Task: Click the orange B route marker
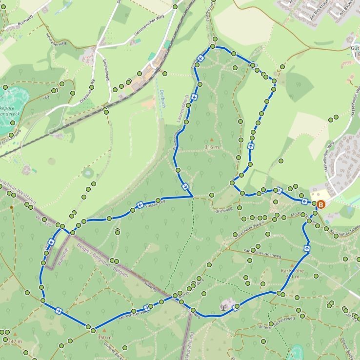coord(321,205)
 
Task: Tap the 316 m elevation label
coord(212,147)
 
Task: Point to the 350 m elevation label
coord(104,338)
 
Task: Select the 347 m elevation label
coord(15,341)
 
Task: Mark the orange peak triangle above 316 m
coord(212,140)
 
